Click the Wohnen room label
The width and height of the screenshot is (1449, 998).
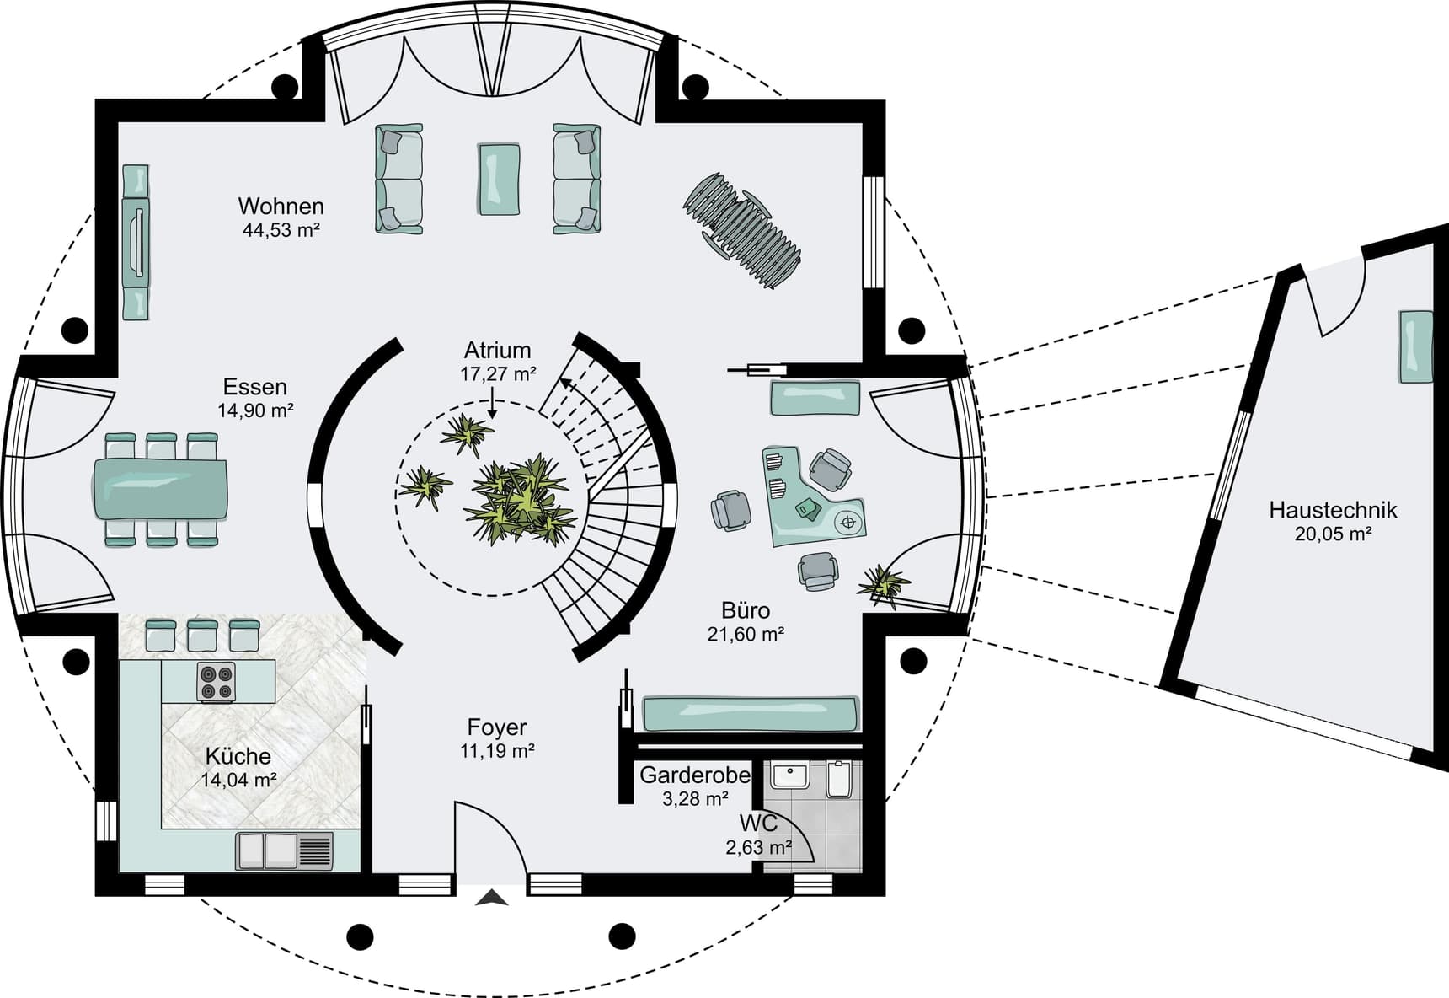281,206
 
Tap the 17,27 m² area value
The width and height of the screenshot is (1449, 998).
498,373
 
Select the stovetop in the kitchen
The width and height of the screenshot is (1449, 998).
217,682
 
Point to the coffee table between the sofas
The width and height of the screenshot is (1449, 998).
499,179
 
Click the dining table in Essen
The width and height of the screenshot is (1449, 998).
159,488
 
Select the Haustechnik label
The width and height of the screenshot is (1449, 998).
1333,510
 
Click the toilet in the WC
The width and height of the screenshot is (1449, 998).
840,780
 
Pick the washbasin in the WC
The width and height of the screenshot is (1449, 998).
789,775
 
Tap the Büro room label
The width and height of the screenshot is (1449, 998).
746,610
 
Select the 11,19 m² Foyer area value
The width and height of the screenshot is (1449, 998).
497,750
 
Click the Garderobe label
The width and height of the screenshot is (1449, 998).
695,775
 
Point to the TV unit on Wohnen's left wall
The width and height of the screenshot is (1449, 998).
136,243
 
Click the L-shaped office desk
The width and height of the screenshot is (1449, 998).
813,497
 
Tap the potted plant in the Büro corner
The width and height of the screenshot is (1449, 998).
883,583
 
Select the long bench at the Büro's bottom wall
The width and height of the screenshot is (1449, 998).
751,713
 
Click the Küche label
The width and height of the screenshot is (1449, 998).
238,756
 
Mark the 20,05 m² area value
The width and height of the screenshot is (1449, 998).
1334,534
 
